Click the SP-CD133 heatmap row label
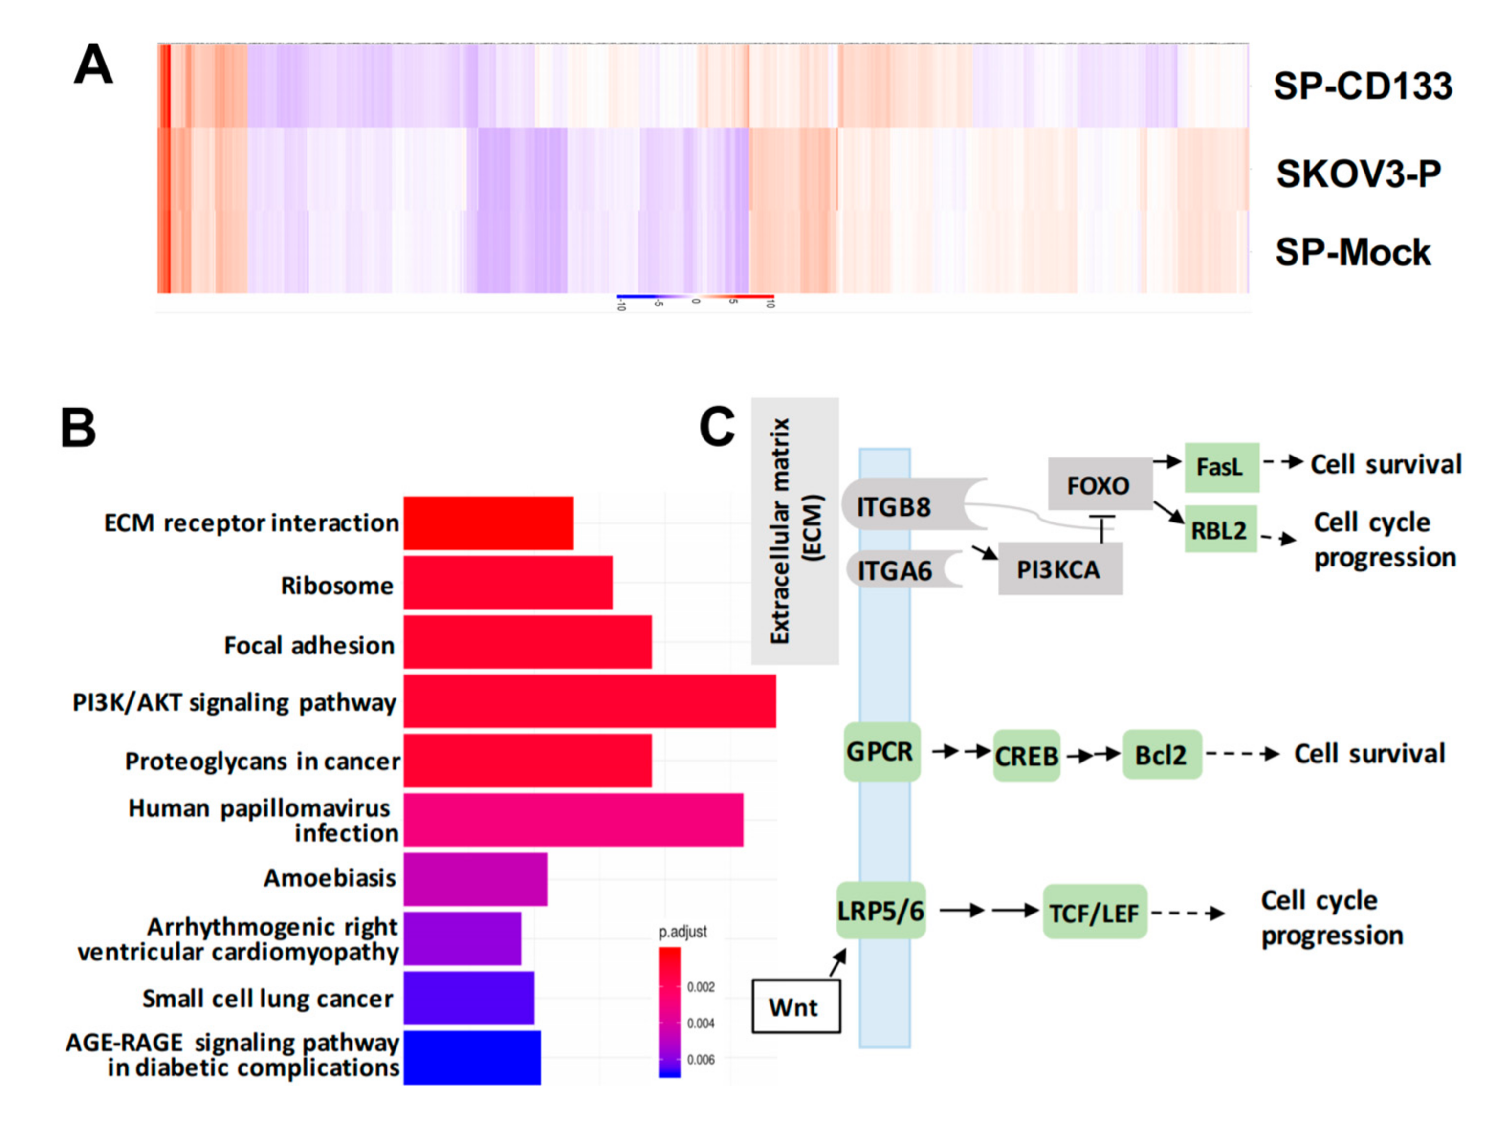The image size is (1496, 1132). pyautogui.click(x=1362, y=87)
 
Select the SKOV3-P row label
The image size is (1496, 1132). pyautogui.click(x=1358, y=174)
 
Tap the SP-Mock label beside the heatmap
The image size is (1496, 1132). pyautogui.click(x=1353, y=253)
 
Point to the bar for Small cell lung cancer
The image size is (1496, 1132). pyautogui.click(x=469, y=998)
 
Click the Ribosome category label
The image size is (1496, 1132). pyautogui.click(x=337, y=586)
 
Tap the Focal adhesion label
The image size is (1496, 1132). pyautogui.click(x=309, y=645)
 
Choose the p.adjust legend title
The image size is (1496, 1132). pyautogui.click(x=682, y=932)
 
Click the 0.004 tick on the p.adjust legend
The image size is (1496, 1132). pyautogui.click(x=701, y=1023)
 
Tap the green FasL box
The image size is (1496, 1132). pyautogui.click(x=1221, y=467)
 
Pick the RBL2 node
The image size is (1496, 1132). pyautogui.click(x=1219, y=529)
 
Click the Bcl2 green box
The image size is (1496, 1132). pyautogui.click(x=1161, y=754)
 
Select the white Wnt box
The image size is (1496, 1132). pyautogui.click(x=795, y=1007)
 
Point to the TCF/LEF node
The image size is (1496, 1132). pyautogui.click(x=1094, y=913)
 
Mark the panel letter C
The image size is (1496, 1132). pyautogui.click(x=717, y=427)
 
